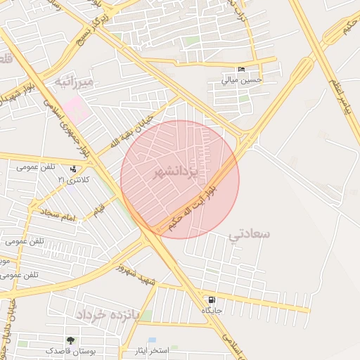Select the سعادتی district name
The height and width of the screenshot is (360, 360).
click(250, 234)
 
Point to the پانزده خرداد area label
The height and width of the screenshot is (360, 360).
click(110, 314)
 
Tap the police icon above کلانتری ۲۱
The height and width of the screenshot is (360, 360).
click(74, 169)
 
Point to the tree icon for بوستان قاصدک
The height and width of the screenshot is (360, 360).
click(70, 340)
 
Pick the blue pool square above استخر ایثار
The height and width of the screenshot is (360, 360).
click(153, 340)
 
